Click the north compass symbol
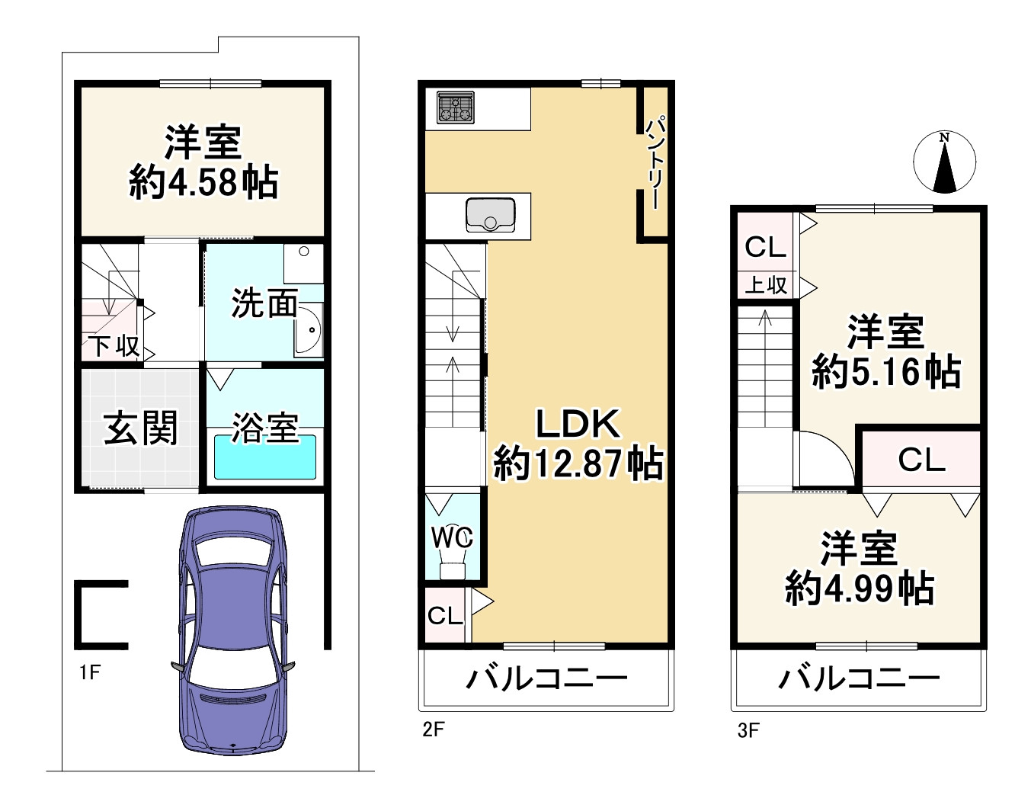coord(944,162)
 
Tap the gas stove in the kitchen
coord(456,107)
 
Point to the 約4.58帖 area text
coord(203,183)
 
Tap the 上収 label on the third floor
coord(765,285)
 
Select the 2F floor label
coord(433,729)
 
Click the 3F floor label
coord(748,731)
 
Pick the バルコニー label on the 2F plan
coord(546,678)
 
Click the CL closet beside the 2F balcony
coord(445,615)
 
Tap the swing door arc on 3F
coord(829,457)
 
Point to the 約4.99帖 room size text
coord(859,588)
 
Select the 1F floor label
coord(89,672)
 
